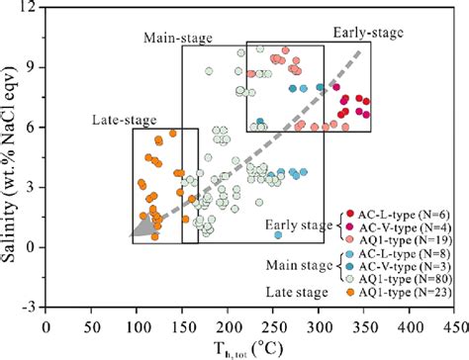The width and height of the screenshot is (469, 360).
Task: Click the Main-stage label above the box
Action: (x=178, y=39)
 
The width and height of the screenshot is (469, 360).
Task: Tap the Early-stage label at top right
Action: (x=367, y=33)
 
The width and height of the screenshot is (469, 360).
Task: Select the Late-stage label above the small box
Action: (x=125, y=121)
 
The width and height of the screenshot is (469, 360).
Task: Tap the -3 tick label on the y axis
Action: (x=30, y=308)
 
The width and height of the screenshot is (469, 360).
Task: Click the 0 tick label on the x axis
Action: (x=46, y=323)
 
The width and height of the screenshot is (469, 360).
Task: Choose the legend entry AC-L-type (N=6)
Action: (x=402, y=213)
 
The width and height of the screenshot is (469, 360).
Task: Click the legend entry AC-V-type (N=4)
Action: (x=402, y=225)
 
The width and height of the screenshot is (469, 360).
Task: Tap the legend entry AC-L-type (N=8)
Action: (x=402, y=254)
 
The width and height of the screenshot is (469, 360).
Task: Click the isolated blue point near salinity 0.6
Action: (x=278, y=235)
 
